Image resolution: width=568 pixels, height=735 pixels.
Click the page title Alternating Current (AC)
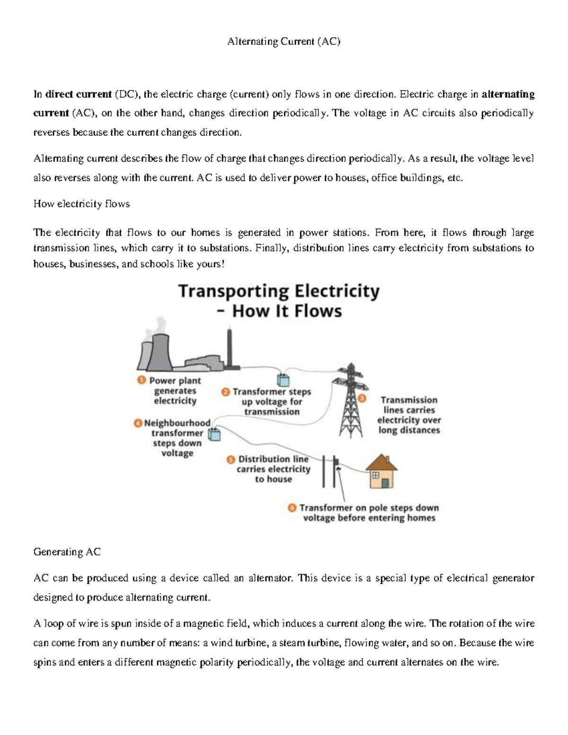[284, 42]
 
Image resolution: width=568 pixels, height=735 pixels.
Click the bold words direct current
[78, 94]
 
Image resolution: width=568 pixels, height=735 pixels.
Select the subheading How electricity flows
[81, 204]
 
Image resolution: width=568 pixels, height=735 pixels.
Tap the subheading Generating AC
[67, 552]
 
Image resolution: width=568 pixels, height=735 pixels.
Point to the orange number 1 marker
[141, 380]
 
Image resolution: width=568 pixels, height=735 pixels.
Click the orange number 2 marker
[225, 392]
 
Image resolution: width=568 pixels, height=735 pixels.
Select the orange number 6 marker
[292, 508]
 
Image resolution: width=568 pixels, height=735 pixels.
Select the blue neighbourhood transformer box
[215, 434]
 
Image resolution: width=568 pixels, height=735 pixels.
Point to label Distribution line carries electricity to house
[273, 469]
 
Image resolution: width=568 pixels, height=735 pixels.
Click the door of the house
[386, 483]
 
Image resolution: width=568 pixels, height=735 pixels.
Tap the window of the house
[375, 475]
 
